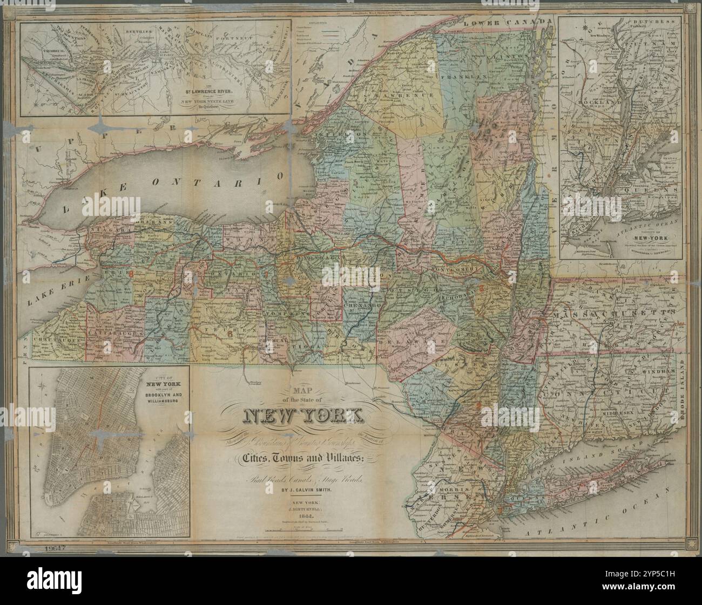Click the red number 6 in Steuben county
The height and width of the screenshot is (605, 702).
point(230,334)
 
